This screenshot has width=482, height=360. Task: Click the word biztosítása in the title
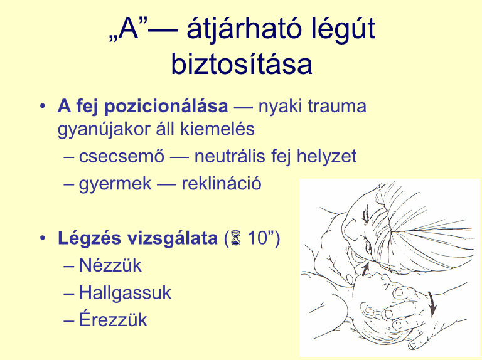[242, 63]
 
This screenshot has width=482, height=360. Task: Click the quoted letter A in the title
[129, 29]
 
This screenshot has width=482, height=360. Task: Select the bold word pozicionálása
[166, 106]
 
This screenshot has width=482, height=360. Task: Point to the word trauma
[337, 106]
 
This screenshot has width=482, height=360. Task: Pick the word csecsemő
[122, 156]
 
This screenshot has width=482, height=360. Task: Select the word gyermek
[115, 184]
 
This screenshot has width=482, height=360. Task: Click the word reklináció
[222, 184]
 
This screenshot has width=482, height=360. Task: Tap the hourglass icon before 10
[236, 238]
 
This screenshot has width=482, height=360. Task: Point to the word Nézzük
[110, 265]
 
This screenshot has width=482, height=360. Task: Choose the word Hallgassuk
[125, 292]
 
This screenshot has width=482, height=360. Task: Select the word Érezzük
[113, 319]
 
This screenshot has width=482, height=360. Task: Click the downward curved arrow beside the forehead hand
[432, 304]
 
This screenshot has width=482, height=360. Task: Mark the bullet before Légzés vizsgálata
[43, 238]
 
